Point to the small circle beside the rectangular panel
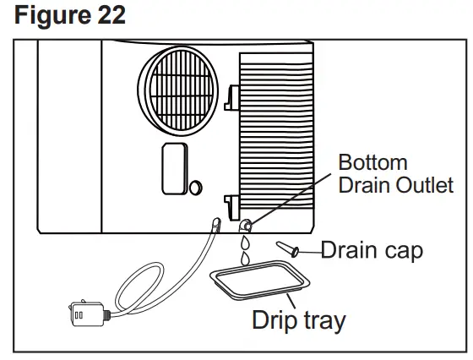195,186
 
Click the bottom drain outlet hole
245,225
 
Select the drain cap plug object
287,248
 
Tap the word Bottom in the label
372,162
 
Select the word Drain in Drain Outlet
365,184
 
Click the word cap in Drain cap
400,251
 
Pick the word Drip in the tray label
273,321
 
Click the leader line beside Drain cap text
308,250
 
